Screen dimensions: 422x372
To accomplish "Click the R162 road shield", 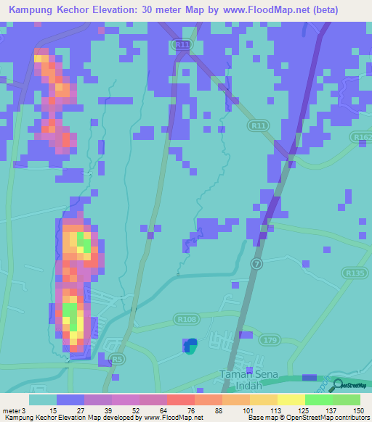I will (x=360, y=136).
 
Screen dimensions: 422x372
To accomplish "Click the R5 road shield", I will (x=116, y=359).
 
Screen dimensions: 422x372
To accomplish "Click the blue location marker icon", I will (x=190, y=347).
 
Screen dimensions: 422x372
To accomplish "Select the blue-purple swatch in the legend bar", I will (x=70, y=400).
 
